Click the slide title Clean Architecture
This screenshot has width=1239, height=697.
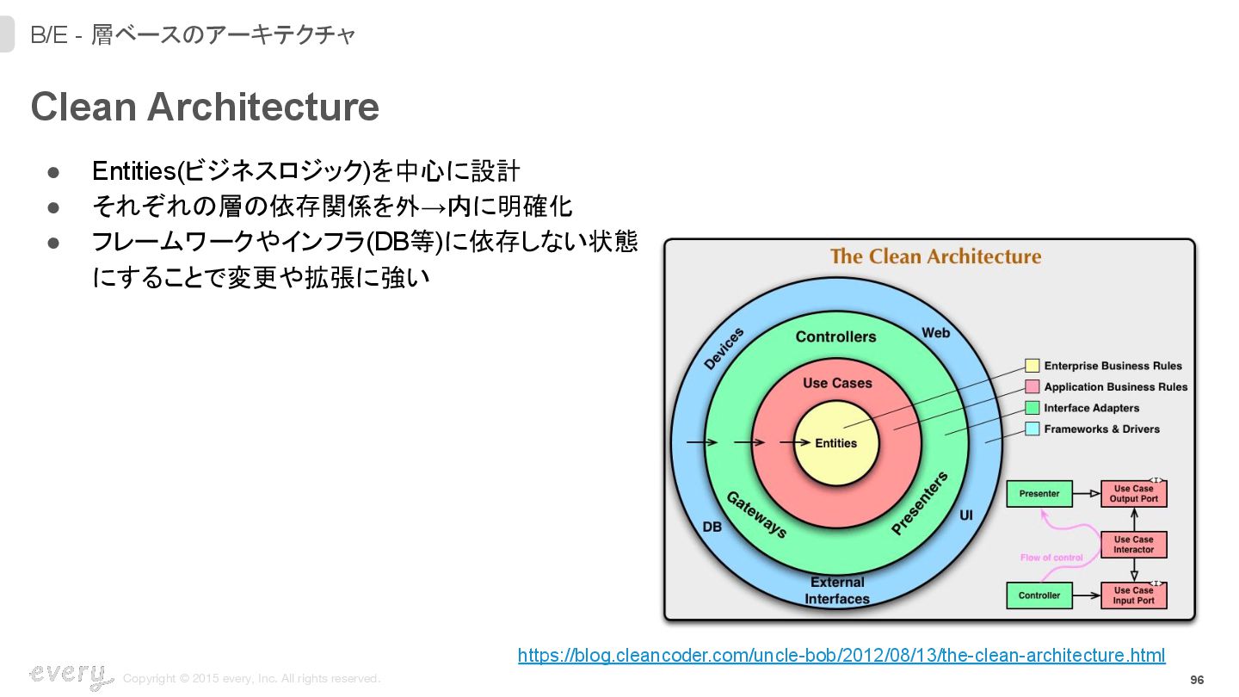point(205,107)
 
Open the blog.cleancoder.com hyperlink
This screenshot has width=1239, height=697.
point(841,656)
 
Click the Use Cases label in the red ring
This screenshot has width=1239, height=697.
point(836,383)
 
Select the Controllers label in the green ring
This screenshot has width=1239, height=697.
point(835,336)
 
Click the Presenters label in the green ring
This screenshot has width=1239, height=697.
point(920,503)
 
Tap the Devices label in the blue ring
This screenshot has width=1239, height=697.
point(724,348)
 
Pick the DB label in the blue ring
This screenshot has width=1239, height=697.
point(712,527)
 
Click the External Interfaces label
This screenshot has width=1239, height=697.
point(836,590)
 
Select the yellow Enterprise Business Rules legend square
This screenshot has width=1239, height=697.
point(1032,366)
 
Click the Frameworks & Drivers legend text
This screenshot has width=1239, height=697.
point(1101,429)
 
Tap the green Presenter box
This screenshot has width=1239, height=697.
point(1039,494)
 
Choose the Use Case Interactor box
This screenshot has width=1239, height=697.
point(1133,545)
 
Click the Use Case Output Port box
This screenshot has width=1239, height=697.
point(1133,494)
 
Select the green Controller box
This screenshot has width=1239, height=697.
point(1039,595)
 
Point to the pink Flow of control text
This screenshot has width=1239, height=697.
point(1051,558)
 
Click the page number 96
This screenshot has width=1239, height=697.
point(1197,680)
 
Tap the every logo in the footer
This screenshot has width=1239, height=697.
point(71,675)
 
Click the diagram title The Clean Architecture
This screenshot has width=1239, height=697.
point(935,256)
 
